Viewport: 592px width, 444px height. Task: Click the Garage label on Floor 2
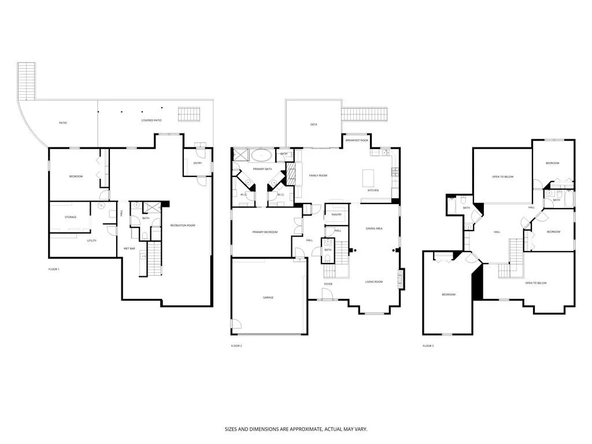click(268, 297)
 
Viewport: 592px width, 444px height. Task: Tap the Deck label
click(313, 124)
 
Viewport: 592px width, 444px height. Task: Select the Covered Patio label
click(151, 120)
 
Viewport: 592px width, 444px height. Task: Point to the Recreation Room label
click(183, 225)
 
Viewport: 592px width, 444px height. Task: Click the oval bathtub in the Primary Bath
click(263, 155)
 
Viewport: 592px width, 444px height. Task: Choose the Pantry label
click(336, 214)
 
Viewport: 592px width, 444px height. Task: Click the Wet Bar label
click(129, 249)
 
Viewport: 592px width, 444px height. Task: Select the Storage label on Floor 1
click(71, 217)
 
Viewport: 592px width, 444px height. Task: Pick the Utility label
click(91, 240)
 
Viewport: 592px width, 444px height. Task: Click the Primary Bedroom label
click(265, 232)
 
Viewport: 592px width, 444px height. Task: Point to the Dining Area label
click(374, 228)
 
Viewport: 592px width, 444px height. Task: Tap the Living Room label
click(374, 282)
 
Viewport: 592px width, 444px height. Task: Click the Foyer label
click(328, 284)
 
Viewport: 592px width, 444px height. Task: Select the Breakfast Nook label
click(357, 140)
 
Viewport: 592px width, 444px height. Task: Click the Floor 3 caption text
click(428, 346)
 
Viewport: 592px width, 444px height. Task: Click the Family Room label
click(318, 175)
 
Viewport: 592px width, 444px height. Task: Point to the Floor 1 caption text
click(54, 269)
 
